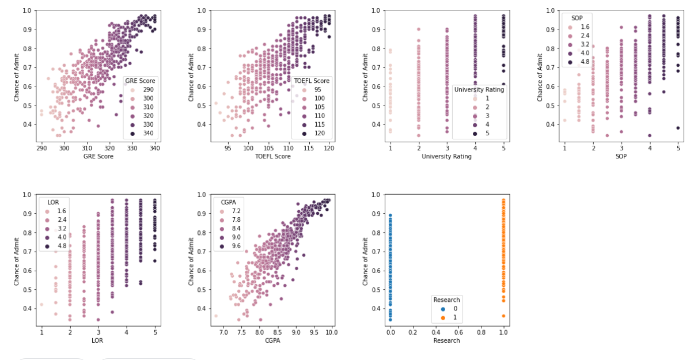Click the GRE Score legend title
coord(141,81)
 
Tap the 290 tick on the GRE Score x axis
coord(41,148)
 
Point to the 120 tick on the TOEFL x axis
coord(329,148)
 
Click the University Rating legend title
coord(479,89)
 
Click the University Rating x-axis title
coord(446,156)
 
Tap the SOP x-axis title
coord(621,156)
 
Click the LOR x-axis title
coord(97,340)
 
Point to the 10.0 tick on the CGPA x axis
coord(333,332)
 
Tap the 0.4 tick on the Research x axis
coord(436,332)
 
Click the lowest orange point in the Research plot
coord(503,316)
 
